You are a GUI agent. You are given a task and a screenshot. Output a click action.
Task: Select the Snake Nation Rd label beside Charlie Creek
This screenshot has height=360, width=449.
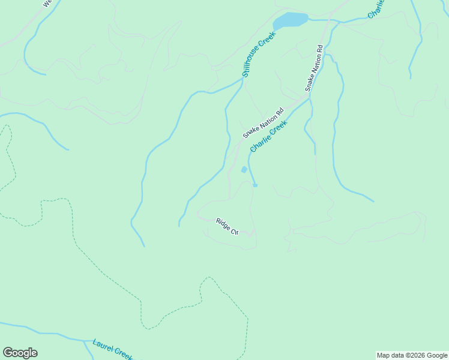[x=263, y=123]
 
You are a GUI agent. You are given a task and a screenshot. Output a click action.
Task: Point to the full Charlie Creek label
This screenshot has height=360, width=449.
[x=268, y=136]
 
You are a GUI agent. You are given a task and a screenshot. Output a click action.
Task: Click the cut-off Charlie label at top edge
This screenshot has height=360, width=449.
[x=375, y=9]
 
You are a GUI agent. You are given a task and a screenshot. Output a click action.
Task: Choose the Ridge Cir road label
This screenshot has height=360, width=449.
[x=228, y=226]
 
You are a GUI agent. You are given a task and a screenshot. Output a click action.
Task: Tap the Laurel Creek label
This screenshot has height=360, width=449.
[x=113, y=350]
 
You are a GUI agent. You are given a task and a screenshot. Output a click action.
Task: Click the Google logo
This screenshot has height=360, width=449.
[x=20, y=353]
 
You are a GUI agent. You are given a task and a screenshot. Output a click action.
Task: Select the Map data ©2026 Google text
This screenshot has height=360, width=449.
[x=412, y=355]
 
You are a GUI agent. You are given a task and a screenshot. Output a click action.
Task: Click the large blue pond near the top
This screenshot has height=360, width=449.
[x=291, y=20]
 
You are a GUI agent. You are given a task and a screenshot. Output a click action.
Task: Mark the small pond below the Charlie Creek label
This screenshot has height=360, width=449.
[x=244, y=170]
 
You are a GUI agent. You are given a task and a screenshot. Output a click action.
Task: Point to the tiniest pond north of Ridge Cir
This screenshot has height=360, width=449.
[x=255, y=185]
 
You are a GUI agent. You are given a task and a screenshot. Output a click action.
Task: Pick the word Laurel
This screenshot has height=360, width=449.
[x=103, y=346]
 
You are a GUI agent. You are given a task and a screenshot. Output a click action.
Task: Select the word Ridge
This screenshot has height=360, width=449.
[x=224, y=223]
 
